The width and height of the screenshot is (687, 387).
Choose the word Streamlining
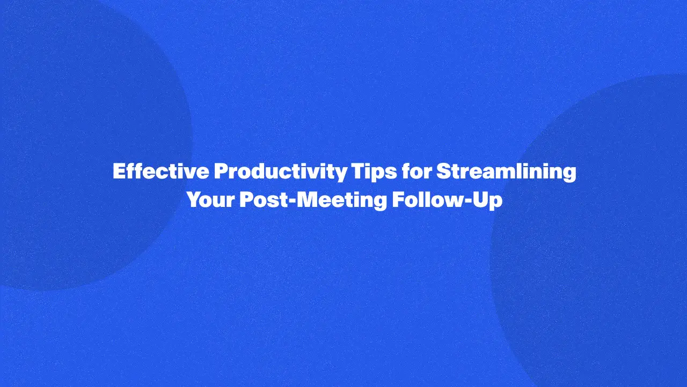506,172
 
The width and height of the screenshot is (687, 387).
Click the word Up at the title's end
488,200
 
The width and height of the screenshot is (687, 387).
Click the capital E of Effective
119,172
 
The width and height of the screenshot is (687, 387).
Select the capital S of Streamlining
443,172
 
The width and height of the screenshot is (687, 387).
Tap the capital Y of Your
194,199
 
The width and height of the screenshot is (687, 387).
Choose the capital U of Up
481,199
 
